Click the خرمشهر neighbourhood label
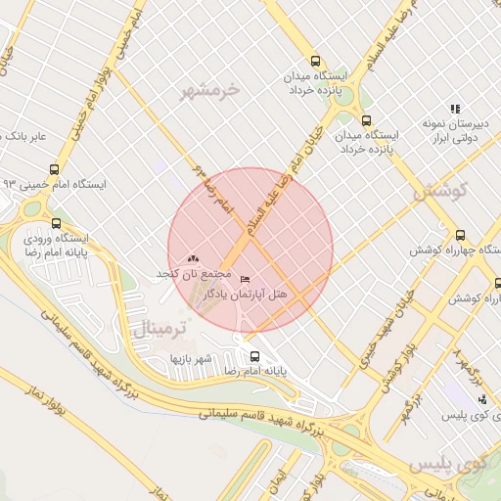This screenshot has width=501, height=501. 208,91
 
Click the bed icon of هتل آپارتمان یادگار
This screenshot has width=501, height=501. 245,280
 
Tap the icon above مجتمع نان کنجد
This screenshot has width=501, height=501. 193,257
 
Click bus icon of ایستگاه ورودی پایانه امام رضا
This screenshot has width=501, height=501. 56,223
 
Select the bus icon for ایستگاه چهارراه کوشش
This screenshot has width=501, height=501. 461,235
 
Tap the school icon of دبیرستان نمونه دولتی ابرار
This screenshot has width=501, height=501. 455,109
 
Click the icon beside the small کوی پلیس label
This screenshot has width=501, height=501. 482,398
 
